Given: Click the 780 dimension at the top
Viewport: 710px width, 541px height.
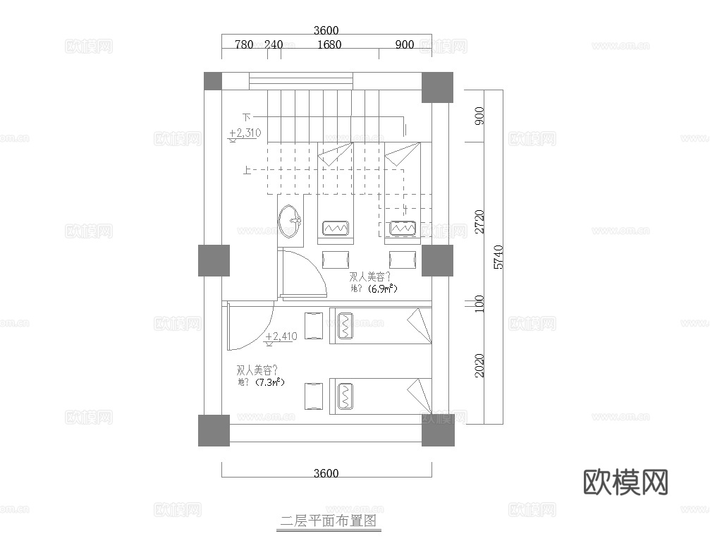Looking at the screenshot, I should pyautogui.click(x=243, y=44).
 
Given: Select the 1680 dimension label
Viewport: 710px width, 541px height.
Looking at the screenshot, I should pyautogui.click(x=329, y=44).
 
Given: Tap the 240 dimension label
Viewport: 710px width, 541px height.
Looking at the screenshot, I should pyautogui.click(x=274, y=44).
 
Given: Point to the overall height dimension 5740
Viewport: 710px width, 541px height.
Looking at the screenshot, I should pyautogui.click(x=498, y=257).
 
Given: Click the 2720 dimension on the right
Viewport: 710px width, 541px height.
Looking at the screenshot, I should pyautogui.click(x=480, y=221).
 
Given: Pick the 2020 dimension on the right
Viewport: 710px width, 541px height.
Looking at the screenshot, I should pyautogui.click(x=480, y=365).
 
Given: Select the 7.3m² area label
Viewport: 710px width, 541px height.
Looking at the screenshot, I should pyautogui.click(x=269, y=382).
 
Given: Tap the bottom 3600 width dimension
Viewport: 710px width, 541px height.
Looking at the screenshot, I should pyautogui.click(x=326, y=473).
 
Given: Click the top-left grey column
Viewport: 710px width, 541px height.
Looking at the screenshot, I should pyautogui.click(x=212, y=81).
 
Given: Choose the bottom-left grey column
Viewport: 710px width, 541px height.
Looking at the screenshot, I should pyautogui.click(x=214, y=430).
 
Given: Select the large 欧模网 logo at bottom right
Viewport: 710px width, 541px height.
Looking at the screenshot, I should pyautogui.click(x=626, y=482).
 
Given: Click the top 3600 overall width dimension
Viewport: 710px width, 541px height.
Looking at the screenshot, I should pyautogui.click(x=326, y=30).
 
